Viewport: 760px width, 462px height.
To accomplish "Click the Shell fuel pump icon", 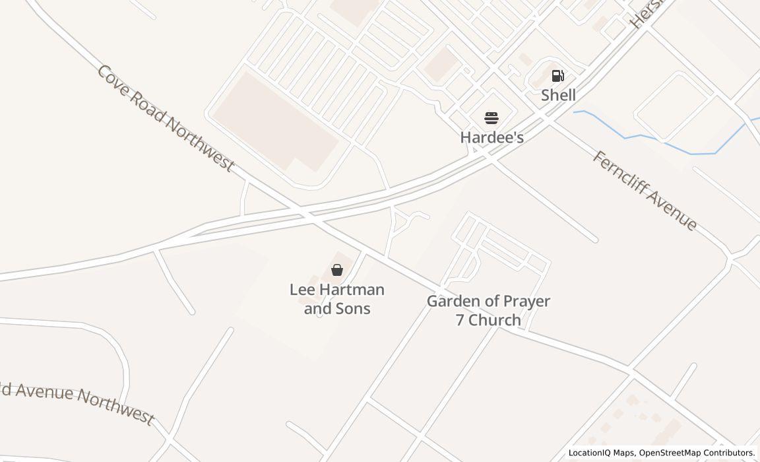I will pyautogui.click(x=557, y=76).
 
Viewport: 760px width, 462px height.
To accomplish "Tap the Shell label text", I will pyautogui.click(x=558, y=95).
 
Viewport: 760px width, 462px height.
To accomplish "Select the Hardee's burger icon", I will pyautogui.click(x=491, y=118).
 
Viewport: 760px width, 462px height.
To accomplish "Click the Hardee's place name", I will pyautogui.click(x=491, y=137).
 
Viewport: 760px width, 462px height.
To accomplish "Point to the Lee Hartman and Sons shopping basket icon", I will pyautogui.click(x=337, y=269).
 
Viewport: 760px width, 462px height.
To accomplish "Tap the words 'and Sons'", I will pyautogui.click(x=337, y=308).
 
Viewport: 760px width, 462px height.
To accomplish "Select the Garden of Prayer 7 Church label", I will pyautogui.click(x=488, y=310).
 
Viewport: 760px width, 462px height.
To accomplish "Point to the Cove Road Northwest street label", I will pyautogui.click(x=165, y=118).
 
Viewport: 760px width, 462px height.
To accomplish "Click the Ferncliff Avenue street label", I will pyautogui.click(x=644, y=190).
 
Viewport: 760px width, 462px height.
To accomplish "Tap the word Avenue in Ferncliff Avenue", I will pyautogui.click(x=670, y=210).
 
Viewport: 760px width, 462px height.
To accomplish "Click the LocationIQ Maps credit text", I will pyautogui.click(x=601, y=453).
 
